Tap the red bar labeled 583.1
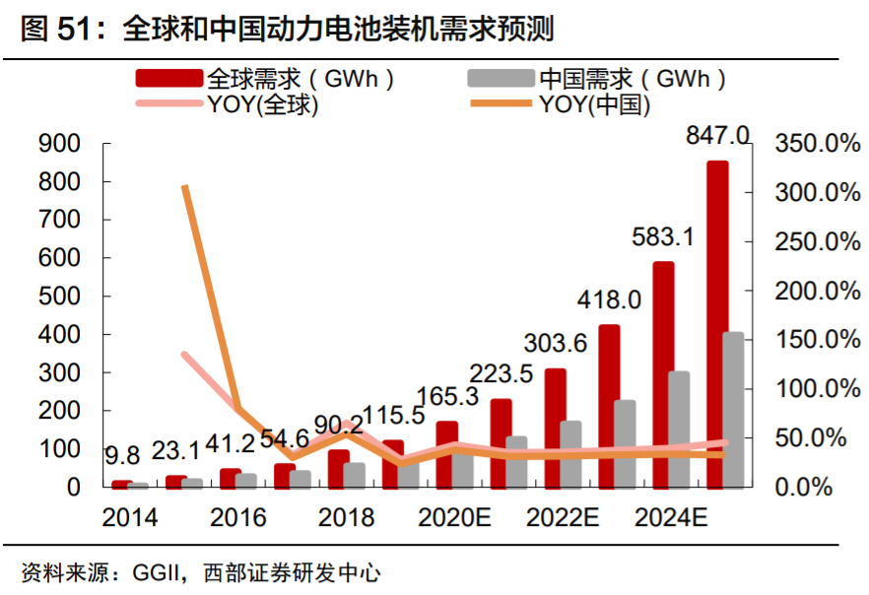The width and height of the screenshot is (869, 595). [663, 374]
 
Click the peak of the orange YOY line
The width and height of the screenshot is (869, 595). [185, 187]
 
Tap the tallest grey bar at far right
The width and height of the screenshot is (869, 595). [733, 409]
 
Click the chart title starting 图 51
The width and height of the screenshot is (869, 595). [287, 30]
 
